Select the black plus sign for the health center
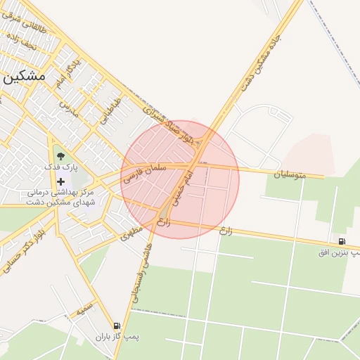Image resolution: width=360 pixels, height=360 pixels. (61, 181)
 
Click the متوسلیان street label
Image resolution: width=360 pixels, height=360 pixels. (290, 173)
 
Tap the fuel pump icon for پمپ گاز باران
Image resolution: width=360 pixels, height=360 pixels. (116, 326)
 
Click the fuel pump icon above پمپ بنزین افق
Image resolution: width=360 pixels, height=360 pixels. (342, 241)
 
